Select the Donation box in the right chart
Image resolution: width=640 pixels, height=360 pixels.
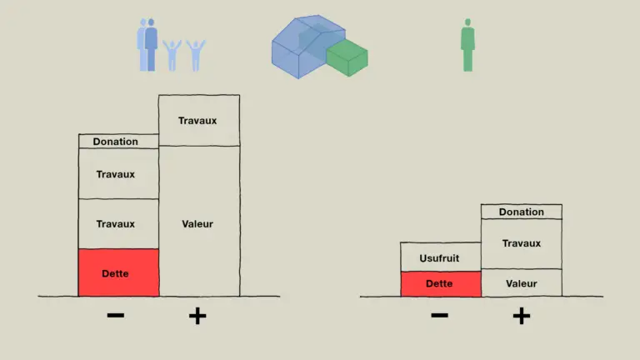point(521,212)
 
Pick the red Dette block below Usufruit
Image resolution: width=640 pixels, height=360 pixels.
point(441,283)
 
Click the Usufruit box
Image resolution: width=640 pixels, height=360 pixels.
point(441,257)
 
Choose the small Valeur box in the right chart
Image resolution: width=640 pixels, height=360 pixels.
point(521,282)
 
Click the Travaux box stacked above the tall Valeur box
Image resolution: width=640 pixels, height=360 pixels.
point(199,120)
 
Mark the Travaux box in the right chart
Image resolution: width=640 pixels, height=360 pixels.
point(521,243)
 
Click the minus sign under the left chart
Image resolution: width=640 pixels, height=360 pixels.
point(116,315)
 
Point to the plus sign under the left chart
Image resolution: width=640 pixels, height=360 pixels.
point(197,316)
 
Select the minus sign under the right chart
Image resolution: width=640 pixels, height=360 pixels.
point(440,315)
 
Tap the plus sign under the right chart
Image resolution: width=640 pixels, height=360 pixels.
point(522,316)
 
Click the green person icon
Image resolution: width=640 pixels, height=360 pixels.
point(467,45)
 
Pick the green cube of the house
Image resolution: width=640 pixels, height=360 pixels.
point(347,57)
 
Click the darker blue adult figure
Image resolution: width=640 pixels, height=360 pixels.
point(151,45)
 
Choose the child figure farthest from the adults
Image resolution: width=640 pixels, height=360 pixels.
point(196,56)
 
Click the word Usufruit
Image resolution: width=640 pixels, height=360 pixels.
point(439,258)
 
